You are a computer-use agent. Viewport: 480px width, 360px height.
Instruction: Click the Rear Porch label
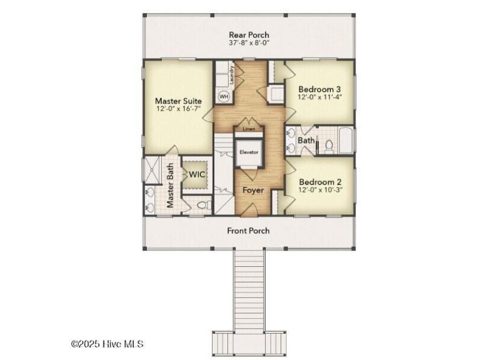(249, 35)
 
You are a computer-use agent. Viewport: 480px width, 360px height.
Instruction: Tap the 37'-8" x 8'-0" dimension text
(249, 43)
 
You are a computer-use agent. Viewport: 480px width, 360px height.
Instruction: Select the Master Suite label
(178, 101)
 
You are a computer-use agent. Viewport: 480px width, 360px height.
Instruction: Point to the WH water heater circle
(224, 97)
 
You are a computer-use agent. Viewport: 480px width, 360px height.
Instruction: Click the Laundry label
(232, 75)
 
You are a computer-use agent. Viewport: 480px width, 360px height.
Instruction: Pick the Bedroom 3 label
(319, 89)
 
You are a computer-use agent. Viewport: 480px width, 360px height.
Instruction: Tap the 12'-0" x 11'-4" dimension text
(319, 97)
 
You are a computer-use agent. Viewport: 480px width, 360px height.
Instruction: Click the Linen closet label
(249, 129)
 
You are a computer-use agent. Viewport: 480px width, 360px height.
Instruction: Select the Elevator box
(249, 152)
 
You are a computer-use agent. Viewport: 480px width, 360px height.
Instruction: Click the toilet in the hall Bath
(329, 146)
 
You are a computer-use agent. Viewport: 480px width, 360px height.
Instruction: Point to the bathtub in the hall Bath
(346, 141)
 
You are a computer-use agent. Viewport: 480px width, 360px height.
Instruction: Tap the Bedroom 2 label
(320, 182)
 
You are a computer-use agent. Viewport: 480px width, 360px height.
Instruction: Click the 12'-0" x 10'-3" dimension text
(320, 190)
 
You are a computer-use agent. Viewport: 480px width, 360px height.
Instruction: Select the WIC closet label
(197, 174)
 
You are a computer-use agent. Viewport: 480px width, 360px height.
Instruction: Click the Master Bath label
(170, 185)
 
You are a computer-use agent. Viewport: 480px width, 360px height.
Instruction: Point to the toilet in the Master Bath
(204, 205)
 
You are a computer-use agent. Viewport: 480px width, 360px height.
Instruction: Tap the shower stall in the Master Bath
(152, 170)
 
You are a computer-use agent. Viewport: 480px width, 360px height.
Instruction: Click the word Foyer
(253, 190)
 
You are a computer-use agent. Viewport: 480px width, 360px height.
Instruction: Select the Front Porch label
(248, 230)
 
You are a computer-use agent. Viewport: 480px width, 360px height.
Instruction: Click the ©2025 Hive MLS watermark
(107, 344)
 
